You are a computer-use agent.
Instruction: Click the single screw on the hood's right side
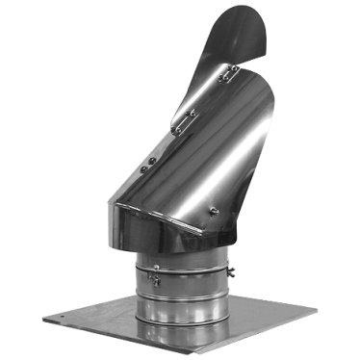coord(215,211)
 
